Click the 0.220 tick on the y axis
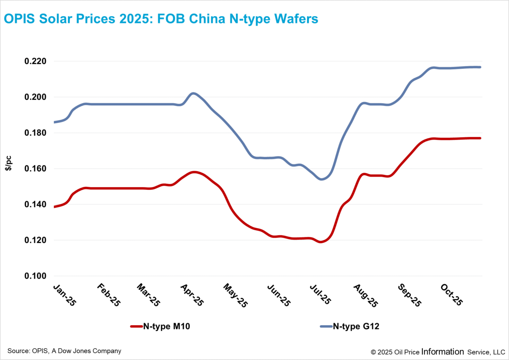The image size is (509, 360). [x=36, y=61]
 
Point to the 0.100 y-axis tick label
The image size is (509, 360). [x=36, y=276]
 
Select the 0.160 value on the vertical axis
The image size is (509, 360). [x=36, y=169]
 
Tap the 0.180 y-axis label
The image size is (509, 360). [x=36, y=133]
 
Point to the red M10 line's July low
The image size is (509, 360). [x=321, y=242]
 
